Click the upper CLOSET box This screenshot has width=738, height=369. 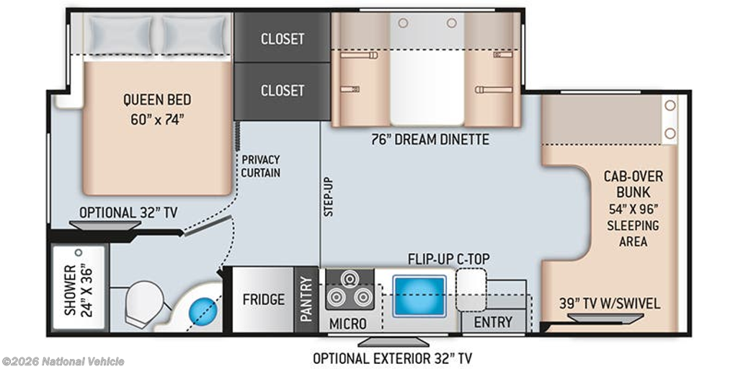click(283, 38)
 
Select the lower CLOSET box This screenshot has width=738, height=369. click(283, 90)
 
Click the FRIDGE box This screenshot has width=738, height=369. click(263, 299)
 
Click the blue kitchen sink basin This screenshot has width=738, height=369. click(419, 295)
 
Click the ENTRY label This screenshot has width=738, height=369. click(493, 322)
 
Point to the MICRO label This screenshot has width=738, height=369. click(348, 324)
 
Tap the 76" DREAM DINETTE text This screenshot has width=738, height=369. click(430, 139)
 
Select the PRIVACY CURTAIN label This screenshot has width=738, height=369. click(261, 166)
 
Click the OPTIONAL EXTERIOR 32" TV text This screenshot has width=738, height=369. click(393, 357)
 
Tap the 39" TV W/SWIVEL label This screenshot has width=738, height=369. click(609, 303)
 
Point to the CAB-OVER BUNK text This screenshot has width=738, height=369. click(634, 184)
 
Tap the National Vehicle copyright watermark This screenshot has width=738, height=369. click(63, 361)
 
